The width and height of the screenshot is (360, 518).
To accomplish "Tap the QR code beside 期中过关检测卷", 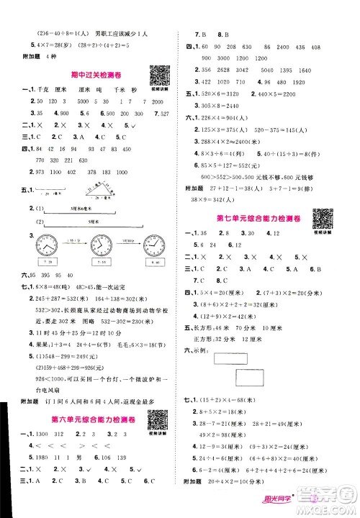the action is [158, 74].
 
